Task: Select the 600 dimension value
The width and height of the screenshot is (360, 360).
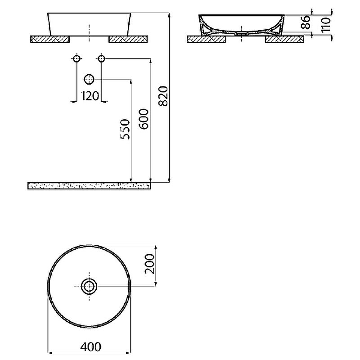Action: pyautogui.click(x=144, y=119)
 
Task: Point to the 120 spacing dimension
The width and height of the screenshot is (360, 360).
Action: pyautogui.click(x=90, y=95)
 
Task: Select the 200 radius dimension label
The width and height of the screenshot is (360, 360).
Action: pyautogui.click(x=149, y=264)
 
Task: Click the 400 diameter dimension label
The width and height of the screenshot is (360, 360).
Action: pyautogui.click(x=90, y=346)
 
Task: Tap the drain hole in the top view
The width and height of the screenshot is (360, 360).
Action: pyautogui.click(x=89, y=285)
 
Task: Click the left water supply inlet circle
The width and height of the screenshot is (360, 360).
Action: pyautogui.click(x=76, y=58)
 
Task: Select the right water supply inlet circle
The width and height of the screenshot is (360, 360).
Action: pyautogui.click(x=101, y=58)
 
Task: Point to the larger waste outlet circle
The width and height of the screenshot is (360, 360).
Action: pyautogui.click(x=89, y=80)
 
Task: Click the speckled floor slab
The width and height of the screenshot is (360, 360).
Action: pyautogui.click(x=89, y=185)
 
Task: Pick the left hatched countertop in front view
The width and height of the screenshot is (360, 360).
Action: pyautogui.click(x=49, y=39)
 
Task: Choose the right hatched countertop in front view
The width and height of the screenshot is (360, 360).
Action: pyautogui.click(x=128, y=39)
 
